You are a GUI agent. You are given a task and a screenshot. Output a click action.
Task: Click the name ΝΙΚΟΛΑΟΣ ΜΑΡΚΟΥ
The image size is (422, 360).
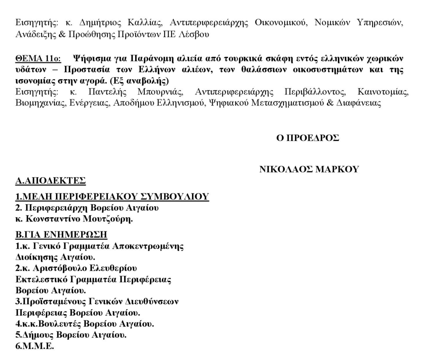click(309, 169)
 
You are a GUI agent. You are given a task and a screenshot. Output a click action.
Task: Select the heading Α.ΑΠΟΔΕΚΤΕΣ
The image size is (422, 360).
click(50, 180)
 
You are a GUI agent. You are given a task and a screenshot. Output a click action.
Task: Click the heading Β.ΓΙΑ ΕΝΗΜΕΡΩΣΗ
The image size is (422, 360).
click(61, 235)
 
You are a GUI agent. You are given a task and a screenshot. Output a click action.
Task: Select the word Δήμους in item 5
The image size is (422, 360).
click(37, 335)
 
